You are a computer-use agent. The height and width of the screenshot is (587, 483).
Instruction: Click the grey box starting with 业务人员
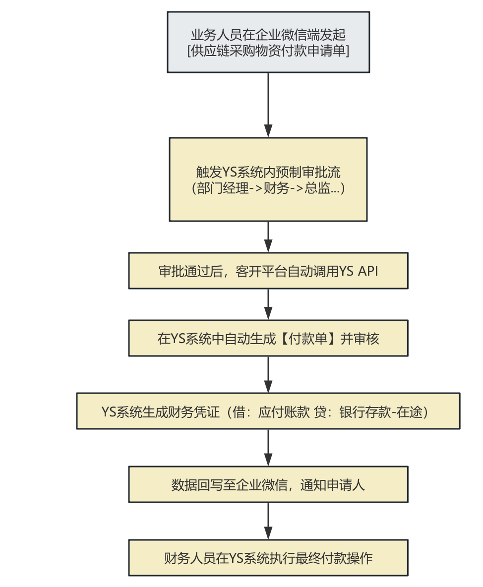[268, 42]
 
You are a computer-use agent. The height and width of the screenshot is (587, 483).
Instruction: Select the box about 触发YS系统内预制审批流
[268, 179]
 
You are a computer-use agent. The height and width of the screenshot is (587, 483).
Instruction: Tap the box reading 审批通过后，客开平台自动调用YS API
[268, 271]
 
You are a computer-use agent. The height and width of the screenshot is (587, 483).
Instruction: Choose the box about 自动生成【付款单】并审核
[268, 338]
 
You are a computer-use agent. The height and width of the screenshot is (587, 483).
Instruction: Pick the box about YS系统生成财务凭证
[268, 411]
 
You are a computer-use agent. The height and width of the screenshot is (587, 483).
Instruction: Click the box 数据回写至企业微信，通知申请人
[268, 484]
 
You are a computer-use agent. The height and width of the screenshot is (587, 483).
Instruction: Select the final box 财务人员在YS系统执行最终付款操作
[268, 558]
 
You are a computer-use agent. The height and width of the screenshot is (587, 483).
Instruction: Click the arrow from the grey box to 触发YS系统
[268, 105]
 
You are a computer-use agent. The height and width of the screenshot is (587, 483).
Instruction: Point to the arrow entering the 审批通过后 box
[268, 236]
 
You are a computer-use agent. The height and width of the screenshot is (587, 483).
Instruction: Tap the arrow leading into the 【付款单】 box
[268, 304]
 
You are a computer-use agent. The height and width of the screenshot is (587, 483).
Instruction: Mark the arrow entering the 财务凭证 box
[268, 374]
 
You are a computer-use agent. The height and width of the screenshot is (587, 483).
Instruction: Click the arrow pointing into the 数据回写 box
[268, 448]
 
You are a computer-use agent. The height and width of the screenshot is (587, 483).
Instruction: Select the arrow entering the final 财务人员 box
[268, 521]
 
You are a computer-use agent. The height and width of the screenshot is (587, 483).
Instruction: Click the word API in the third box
[367, 271]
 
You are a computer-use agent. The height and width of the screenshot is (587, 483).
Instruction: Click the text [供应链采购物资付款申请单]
[268, 51]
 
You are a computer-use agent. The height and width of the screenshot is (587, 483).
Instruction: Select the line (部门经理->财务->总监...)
[268, 187]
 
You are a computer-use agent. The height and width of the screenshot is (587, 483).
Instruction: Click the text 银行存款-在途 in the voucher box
[381, 412]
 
